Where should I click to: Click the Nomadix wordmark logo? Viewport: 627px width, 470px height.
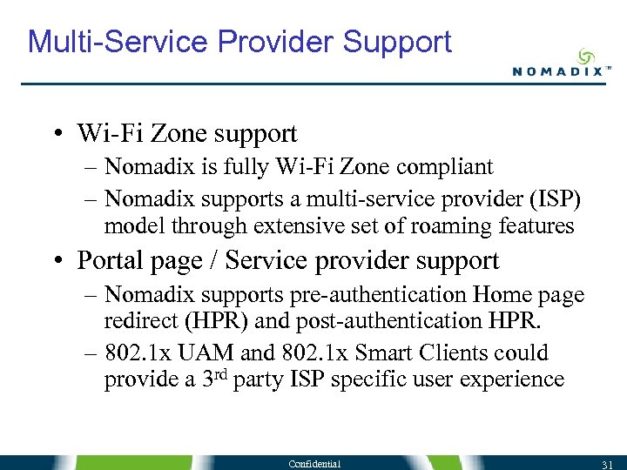click(556, 71)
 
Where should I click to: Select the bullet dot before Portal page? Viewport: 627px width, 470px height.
click(56, 261)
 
